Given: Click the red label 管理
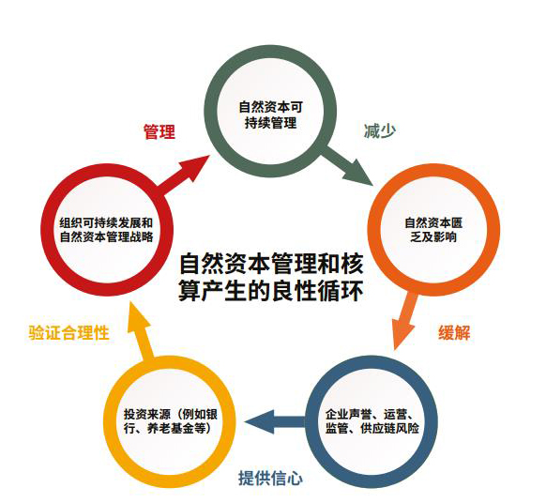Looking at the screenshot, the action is (x=159, y=131).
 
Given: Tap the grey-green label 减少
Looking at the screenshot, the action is (x=380, y=131).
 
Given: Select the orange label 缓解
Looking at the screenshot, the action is (x=454, y=332).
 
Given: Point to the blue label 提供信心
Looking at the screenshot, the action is (x=270, y=478).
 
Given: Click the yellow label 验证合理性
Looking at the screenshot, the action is (x=68, y=332).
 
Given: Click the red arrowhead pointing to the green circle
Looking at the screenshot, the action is (x=197, y=169).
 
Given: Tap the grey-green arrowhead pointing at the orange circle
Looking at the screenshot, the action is (x=358, y=173).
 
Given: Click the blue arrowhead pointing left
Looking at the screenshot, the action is (x=259, y=422).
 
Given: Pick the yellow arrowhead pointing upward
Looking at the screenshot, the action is (x=138, y=317).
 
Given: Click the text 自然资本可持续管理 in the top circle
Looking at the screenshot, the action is (x=270, y=114).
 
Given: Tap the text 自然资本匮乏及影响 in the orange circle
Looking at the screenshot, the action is (x=433, y=230).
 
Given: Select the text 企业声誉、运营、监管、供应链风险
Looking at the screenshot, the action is (x=372, y=421).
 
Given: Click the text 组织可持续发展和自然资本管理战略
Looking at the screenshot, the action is (x=106, y=230).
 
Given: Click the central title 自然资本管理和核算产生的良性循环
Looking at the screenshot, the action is (x=271, y=277).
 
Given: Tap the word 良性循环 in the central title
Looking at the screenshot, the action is (x=317, y=290).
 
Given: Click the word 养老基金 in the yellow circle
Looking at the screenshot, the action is (x=171, y=428).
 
